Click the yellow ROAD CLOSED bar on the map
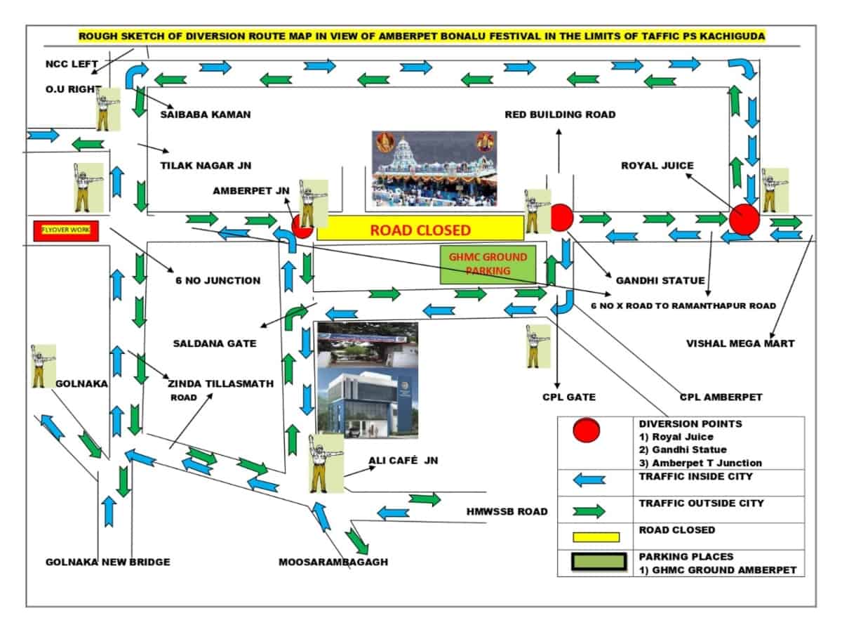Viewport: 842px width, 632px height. coord(420,228)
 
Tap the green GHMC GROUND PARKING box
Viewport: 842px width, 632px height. coord(488,264)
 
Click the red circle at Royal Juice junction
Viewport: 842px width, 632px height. coord(744,220)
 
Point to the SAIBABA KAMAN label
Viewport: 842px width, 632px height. coord(205,114)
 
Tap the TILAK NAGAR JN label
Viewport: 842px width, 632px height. coord(206,166)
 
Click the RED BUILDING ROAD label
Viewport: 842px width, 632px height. coord(560,114)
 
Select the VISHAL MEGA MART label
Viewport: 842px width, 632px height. coord(740,343)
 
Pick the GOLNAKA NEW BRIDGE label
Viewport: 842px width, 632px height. coord(108,562)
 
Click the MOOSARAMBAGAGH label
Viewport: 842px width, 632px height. coord(333,562)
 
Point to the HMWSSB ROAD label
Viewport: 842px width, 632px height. coord(507,511)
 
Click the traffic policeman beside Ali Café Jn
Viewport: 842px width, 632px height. coord(326,463)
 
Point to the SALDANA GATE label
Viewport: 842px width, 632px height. coord(215,343)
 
